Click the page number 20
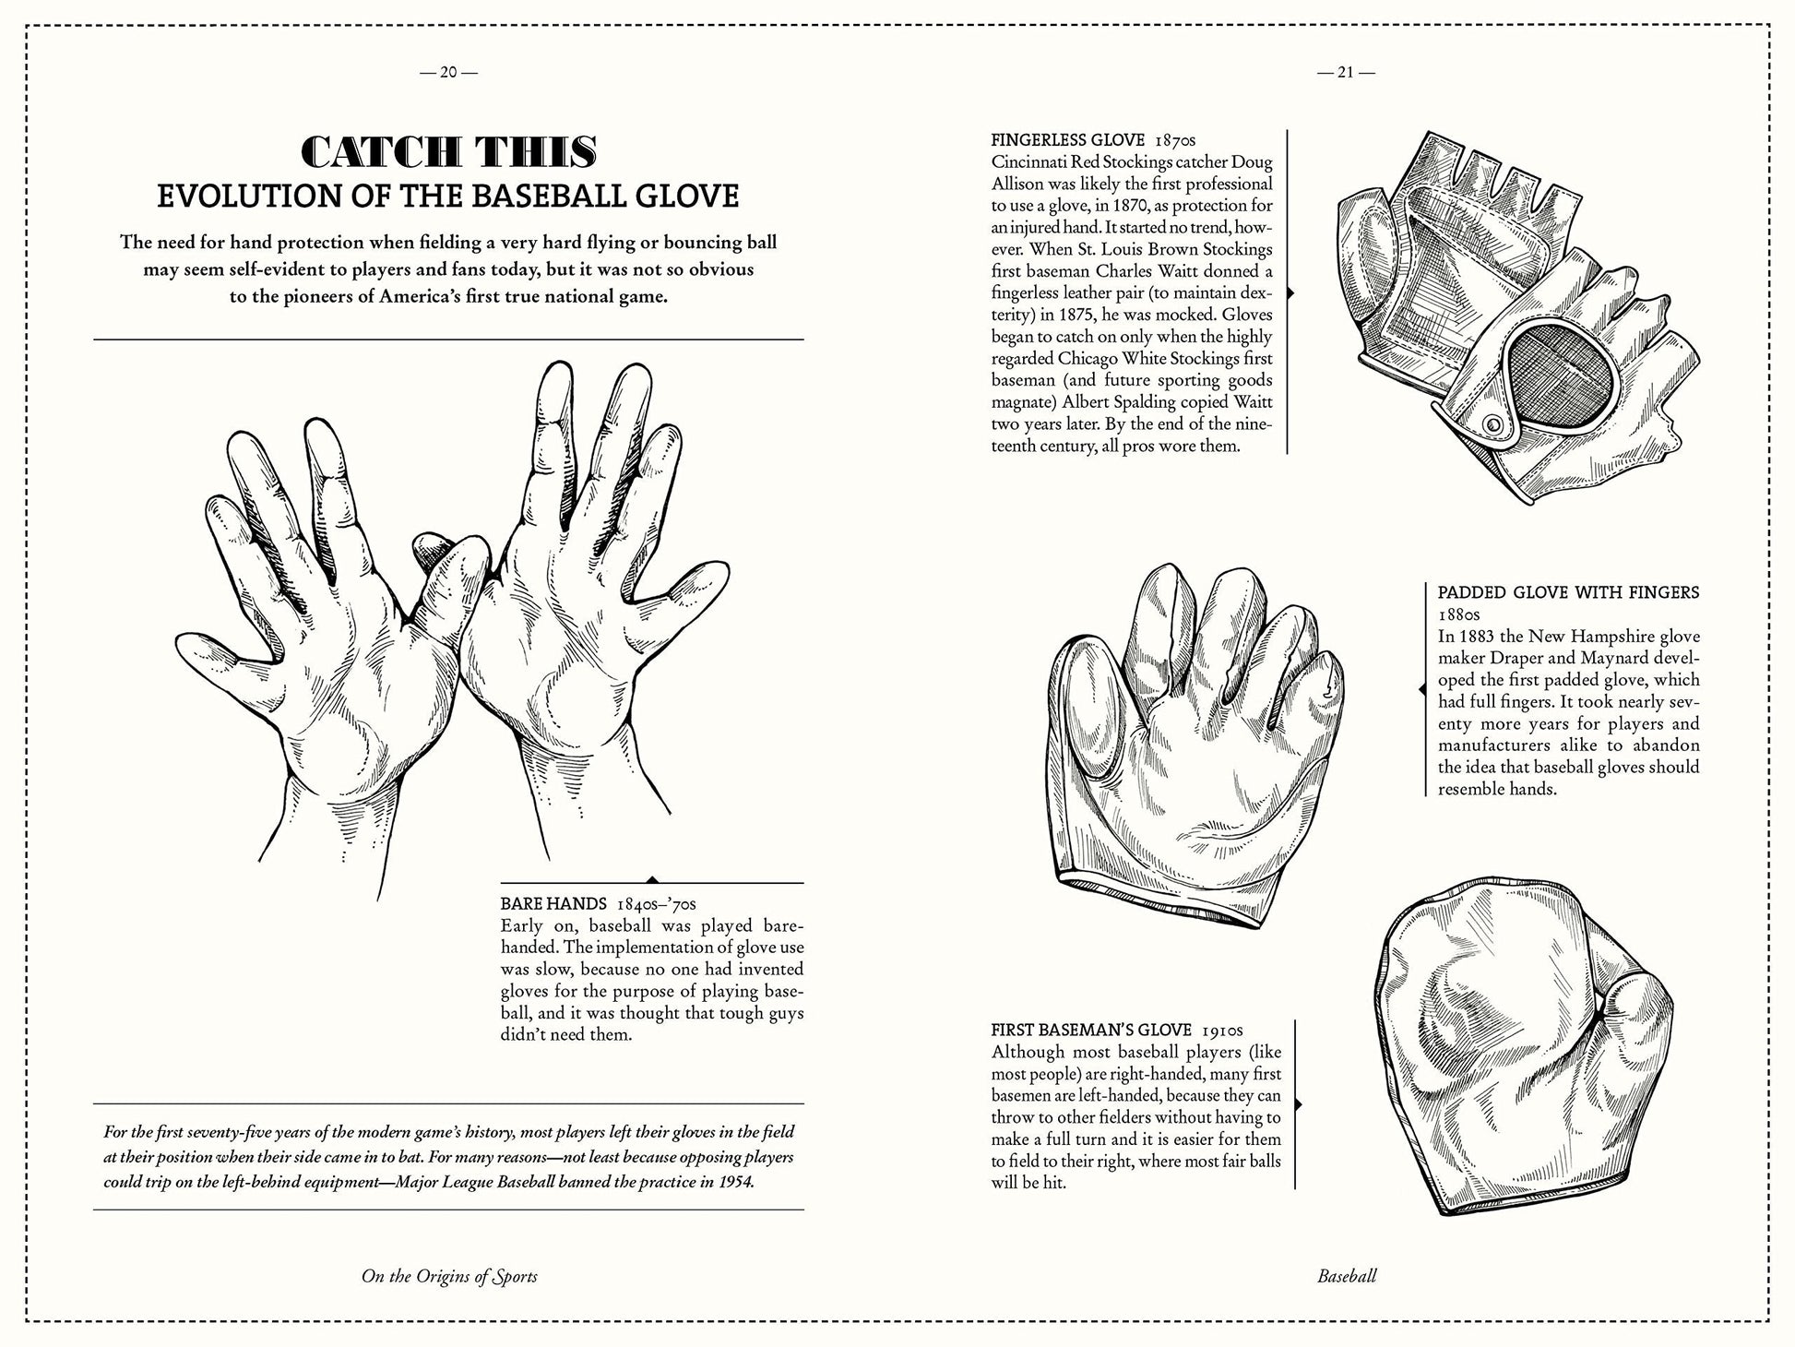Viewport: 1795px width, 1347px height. [x=447, y=72]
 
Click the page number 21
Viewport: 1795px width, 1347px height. [x=1345, y=72]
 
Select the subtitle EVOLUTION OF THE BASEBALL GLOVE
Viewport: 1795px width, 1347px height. [x=448, y=197]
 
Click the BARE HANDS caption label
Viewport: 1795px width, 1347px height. [x=553, y=903]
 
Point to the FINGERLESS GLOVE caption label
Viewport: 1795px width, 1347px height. [x=1067, y=140]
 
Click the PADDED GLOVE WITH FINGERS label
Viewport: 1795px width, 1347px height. [x=1568, y=592]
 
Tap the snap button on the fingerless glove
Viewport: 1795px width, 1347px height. [x=1491, y=423]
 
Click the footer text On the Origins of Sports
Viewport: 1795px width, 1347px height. [x=449, y=1277]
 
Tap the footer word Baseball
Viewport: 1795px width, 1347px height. [x=1347, y=1277]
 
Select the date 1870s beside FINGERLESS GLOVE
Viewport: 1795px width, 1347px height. [x=1174, y=140]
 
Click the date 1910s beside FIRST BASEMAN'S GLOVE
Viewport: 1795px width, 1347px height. [x=1222, y=1030]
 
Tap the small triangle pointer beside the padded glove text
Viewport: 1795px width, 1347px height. [x=1421, y=688]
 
